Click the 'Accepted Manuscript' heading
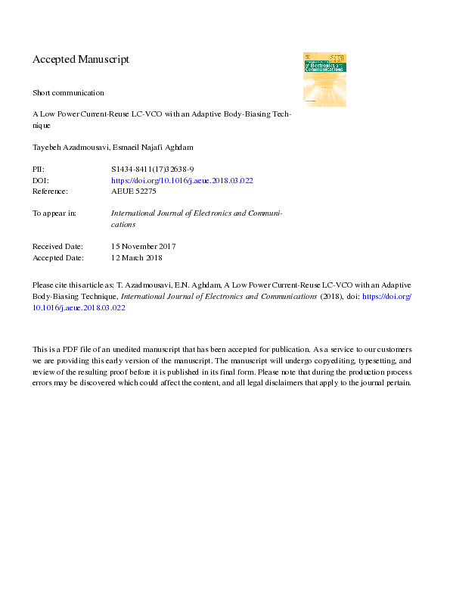pyautogui.click(x=81, y=59)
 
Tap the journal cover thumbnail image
pyautogui.click(x=324, y=79)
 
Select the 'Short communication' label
pyautogui.click(x=68, y=92)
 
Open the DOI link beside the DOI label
pyautogui.click(x=182, y=181)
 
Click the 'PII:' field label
pyautogui.click(x=39, y=170)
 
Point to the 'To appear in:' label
pyautogui.click(x=54, y=213)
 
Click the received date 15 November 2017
pyautogui.click(x=144, y=247)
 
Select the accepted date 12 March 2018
pyautogui.click(x=137, y=257)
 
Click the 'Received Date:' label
pyautogui.click(x=58, y=247)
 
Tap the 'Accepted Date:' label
pyautogui.click(x=58, y=257)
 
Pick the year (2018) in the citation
pyautogui.click(x=331, y=297)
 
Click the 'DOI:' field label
pyautogui.click(x=39, y=181)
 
